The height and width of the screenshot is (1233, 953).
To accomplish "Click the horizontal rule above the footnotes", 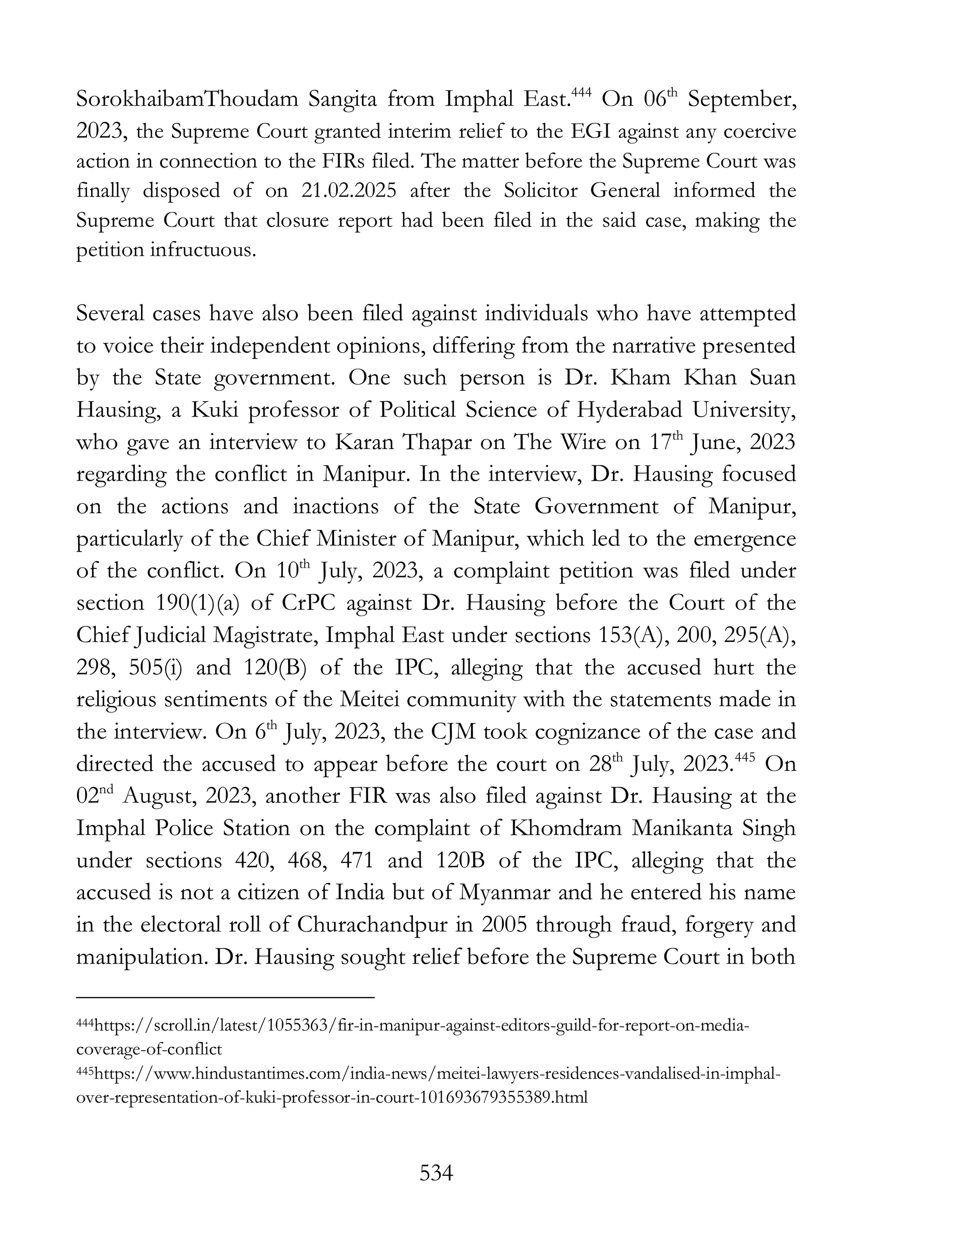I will coord(225,998).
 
